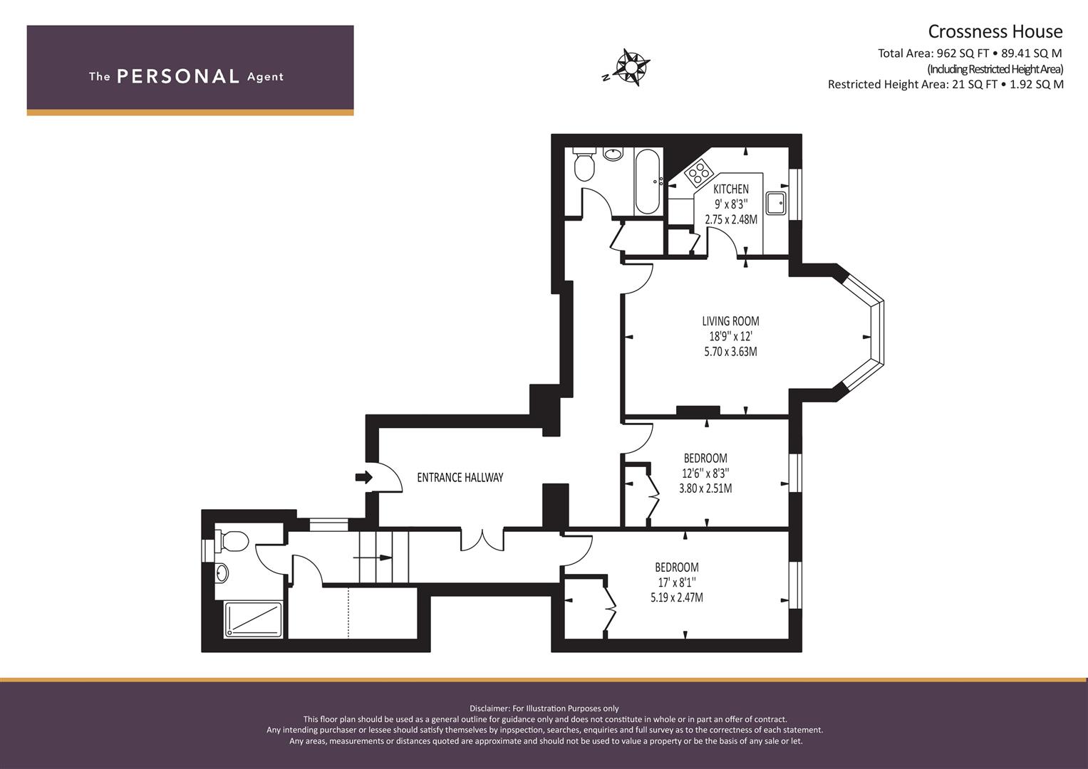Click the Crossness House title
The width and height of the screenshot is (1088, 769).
(995, 31)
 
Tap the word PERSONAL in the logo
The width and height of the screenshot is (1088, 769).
(178, 76)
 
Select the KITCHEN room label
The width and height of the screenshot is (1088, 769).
(731, 189)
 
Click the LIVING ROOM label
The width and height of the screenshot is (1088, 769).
(730, 321)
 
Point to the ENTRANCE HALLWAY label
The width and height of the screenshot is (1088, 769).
(460, 478)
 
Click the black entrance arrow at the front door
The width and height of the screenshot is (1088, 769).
(364, 477)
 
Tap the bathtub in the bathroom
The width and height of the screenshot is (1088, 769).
(648, 181)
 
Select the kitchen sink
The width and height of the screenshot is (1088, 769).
(776, 203)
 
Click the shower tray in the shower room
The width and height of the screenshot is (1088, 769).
(253, 619)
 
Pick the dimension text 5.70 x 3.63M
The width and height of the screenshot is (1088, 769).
(730, 352)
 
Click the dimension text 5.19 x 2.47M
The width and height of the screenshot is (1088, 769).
(677, 597)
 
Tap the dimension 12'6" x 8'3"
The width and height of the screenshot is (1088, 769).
(706, 473)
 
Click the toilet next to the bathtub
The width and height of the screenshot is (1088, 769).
(584, 164)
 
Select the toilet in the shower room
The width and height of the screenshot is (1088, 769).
(232, 541)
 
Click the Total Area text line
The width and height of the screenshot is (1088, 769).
(970, 53)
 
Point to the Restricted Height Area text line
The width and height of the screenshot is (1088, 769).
(945, 85)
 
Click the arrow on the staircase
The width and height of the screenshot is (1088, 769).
(373, 558)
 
